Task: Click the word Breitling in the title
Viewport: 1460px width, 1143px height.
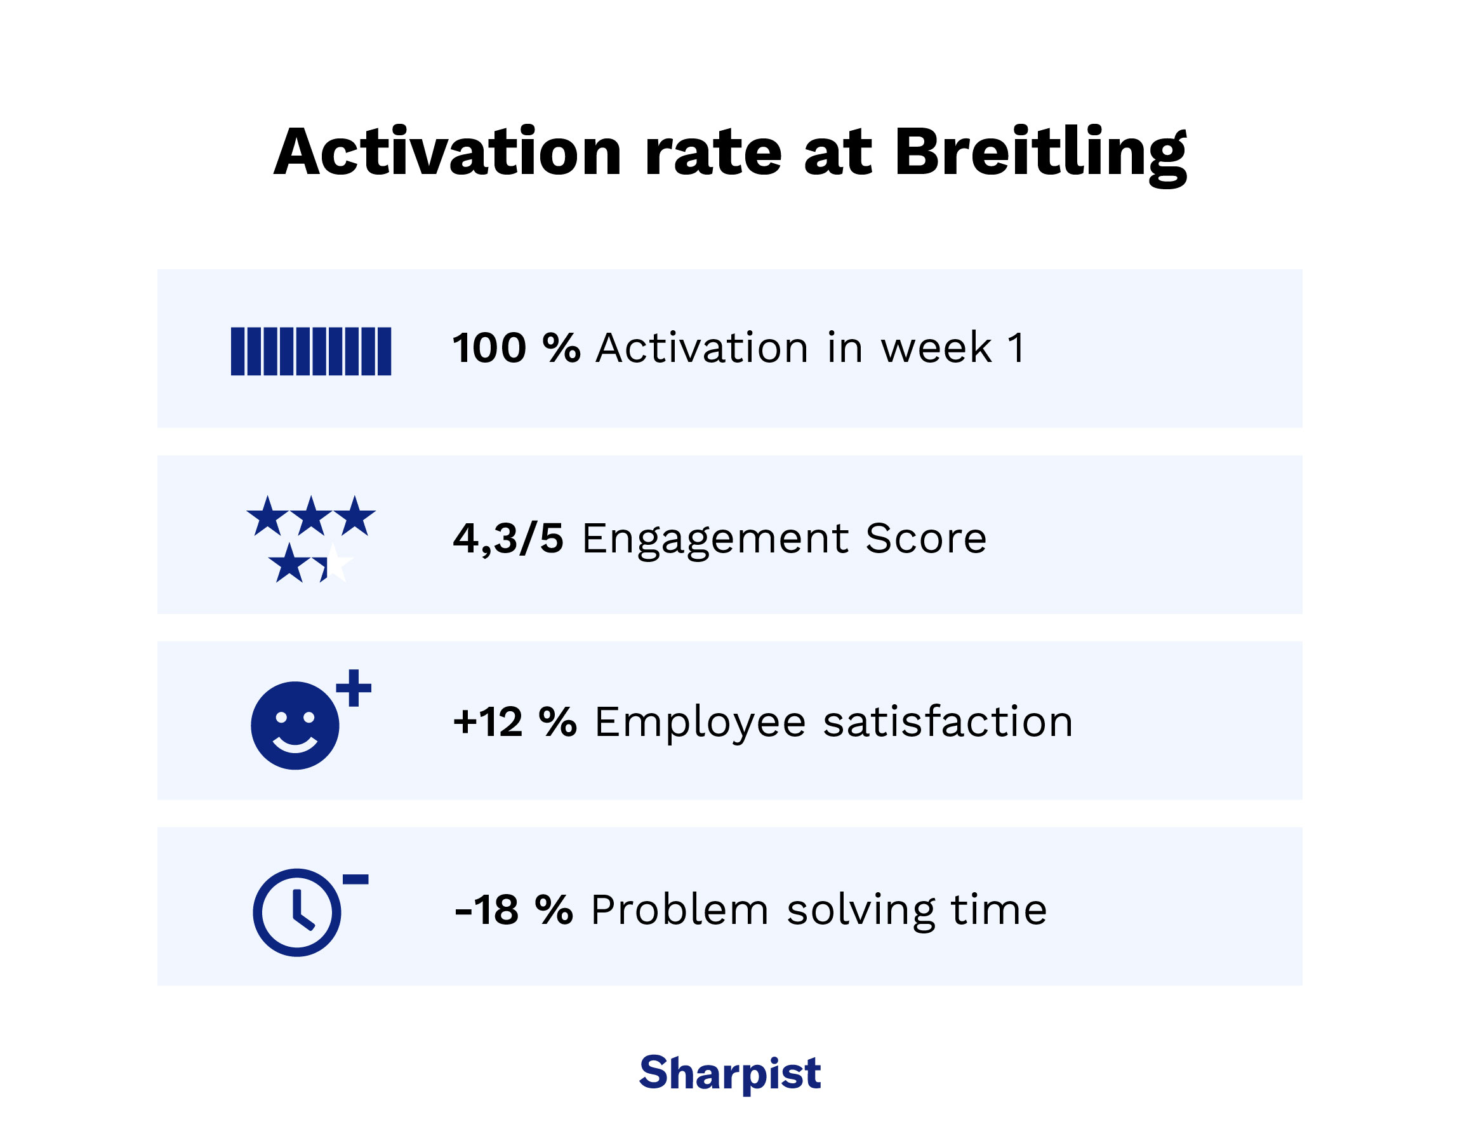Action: click(x=1040, y=154)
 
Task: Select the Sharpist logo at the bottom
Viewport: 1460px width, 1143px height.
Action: click(x=729, y=1073)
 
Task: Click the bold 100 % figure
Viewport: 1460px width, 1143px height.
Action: click(x=516, y=349)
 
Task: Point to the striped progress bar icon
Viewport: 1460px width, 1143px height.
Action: click(x=311, y=351)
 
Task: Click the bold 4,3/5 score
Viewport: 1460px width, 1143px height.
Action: click(x=508, y=538)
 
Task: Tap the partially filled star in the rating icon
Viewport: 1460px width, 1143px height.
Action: click(x=333, y=563)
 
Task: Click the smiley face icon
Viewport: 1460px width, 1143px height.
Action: click(x=295, y=725)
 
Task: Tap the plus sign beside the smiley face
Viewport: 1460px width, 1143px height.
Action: click(x=354, y=687)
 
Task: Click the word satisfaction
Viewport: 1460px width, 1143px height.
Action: click(x=948, y=722)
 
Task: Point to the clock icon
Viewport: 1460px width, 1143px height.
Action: click(x=297, y=912)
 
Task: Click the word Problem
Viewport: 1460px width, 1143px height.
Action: click(x=679, y=911)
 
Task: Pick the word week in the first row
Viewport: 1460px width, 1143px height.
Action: click(x=936, y=349)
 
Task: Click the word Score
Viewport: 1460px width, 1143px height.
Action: click(x=926, y=538)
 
